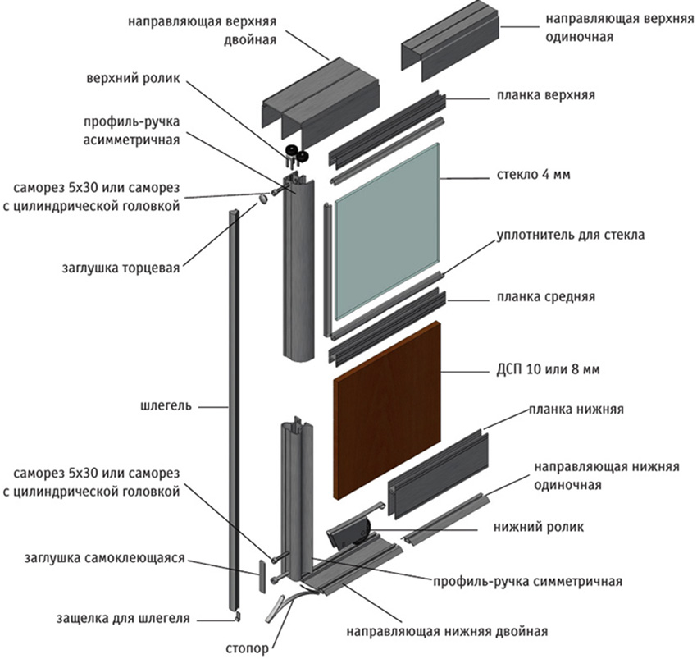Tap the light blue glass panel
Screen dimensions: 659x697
tap(385, 230)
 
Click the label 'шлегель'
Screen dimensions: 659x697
tap(166, 405)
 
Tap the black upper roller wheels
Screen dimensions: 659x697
tap(296, 154)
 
